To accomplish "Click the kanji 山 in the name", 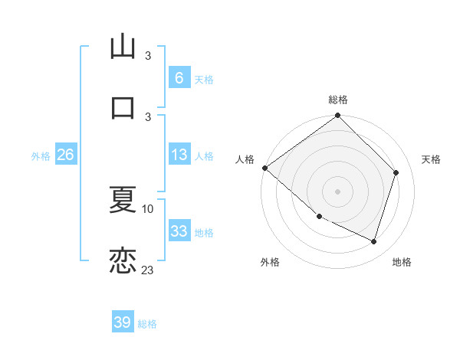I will click(x=123, y=47).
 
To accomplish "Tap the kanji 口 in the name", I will click(x=123, y=106).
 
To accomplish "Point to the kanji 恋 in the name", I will click(x=123, y=260).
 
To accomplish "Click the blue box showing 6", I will click(x=179, y=77).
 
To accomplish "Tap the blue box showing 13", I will click(x=179, y=155).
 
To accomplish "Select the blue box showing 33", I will click(x=179, y=231).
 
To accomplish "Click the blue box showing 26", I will click(x=65, y=155).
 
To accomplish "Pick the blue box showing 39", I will click(x=122, y=322).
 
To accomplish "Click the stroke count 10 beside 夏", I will click(x=148, y=208).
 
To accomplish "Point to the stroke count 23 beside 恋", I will click(x=148, y=270).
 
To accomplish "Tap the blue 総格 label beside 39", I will click(x=147, y=324).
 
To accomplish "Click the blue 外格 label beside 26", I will click(x=41, y=156).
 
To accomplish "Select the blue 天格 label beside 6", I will click(x=204, y=79).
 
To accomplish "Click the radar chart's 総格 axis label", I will click(x=338, y=100).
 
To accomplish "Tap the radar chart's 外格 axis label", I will click(x=270, y=262).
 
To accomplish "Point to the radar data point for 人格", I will click(x=264, y=168).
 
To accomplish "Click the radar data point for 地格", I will click(x=374, y=242).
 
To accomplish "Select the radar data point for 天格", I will click(x=396, y=172).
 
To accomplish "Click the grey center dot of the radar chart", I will click(x=338, y=191).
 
